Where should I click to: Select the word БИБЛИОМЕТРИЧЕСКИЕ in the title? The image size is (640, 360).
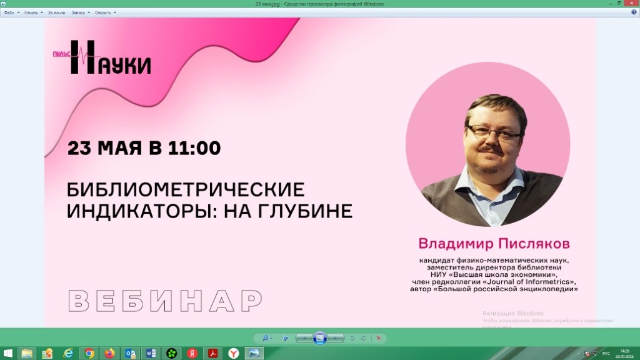pyautogui.click(x=186, y=189)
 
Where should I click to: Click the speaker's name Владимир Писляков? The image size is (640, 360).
pyautogui.click(x=494, y=242)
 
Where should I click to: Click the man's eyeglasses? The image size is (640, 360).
pyautogui.click(x=493, y=131)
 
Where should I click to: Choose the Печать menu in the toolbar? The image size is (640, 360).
pyautogui.click(x=32, y=12)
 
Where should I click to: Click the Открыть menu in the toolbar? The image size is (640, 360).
pyautogui.click(x=104, y=12)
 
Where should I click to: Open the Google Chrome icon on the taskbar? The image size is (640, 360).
pyautogui.click(x=89, y=353)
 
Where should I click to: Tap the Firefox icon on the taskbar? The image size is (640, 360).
pyautogui.click(x=110, y=353)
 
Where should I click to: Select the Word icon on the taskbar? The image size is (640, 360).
pyautogui.click(x=151, y=353)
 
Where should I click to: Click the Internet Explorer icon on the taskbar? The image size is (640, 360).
pyautogui.click(x=69, y=353)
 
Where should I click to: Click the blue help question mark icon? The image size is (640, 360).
pyautogui.click(x=634, y=12)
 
